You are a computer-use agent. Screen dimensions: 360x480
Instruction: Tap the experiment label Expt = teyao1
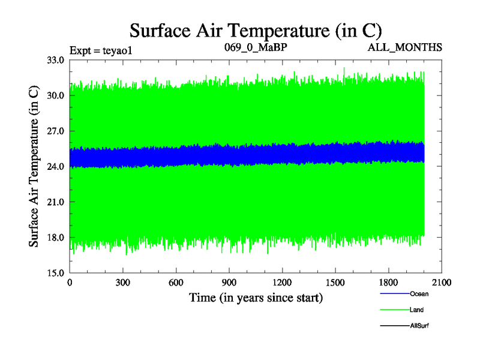coord(100,50)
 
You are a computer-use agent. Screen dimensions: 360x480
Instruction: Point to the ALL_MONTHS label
coord(405,47)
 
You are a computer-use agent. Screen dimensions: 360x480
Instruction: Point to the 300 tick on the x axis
coord(123,283)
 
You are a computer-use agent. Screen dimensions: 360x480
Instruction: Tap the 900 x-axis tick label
coord(229,283)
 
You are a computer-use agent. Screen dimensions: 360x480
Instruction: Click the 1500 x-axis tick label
coord(335,283)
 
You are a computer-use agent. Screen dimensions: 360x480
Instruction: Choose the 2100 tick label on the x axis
coord(442,283)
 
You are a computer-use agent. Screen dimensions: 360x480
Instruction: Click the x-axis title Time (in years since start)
coord(256,297)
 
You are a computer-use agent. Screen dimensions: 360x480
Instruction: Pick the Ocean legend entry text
coord(419,294)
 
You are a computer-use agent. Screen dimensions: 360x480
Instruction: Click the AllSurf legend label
coord(419,325)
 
